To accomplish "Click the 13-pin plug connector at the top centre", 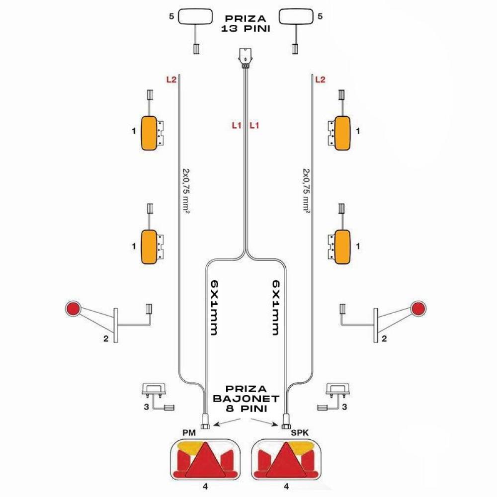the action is pyautogui.click(x=246, y=58).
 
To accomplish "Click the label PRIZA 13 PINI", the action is pyautogui.click(x=246, y=23).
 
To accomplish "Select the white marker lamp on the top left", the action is pyautogui.click(x=195, y=16).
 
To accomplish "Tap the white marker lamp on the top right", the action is pyautogui.click(x=296, y=16).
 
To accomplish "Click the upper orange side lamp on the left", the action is pyautogui.click(x=149, y=133).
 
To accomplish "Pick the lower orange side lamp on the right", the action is pyautogui.click(x=342, y=247).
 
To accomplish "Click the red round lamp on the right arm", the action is pyautogui.click(x=418, y=308).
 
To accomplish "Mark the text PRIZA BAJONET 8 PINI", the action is pyautogui.click(x=246, y=399).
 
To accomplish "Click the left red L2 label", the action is pyautogui.click(x=171, y=80).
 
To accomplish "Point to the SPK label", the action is pyautogui.click(x=300, y=433).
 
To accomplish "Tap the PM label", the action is pyautogui.click(x=189, y=433).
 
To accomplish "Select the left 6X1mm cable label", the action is pyautogui.click(x=213, y=308).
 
